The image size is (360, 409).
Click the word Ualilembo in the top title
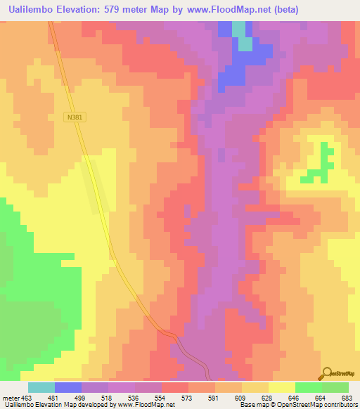[29, 10]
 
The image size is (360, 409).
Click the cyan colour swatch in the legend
[41, 387]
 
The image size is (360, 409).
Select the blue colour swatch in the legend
[68, 387]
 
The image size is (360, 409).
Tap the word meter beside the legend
[11, 398]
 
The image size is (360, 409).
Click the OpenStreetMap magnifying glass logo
[328, 372]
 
